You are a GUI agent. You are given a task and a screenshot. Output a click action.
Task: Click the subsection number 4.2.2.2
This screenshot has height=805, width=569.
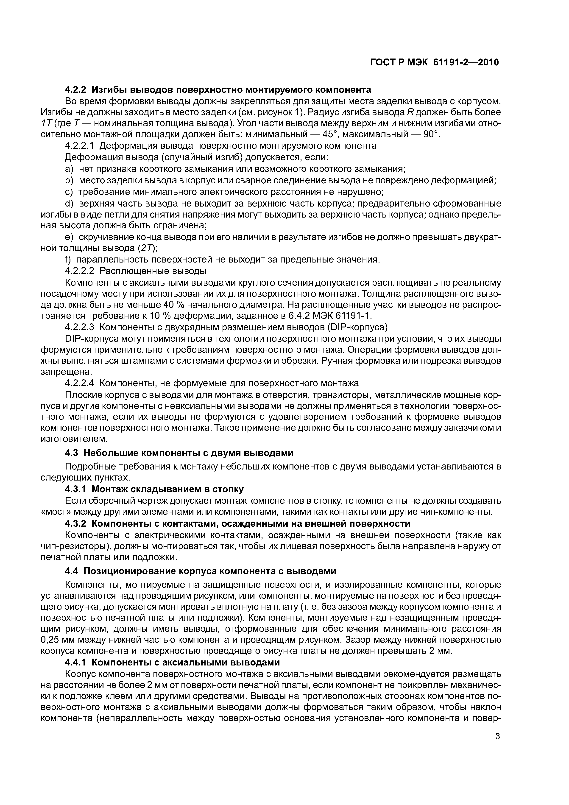pyautogui.click(x=80, y=271)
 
